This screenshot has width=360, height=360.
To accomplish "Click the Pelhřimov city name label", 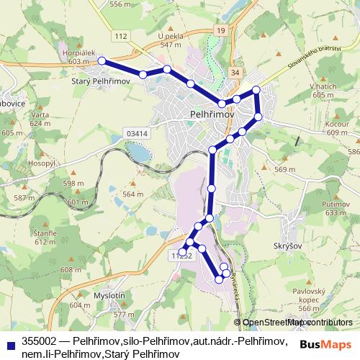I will (209, 114).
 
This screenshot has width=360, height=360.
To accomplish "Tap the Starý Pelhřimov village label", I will (99, 82).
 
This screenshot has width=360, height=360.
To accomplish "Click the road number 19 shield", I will (220, 30).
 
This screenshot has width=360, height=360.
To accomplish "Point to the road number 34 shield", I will (235, 73).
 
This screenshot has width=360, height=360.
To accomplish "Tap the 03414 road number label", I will (136, 133).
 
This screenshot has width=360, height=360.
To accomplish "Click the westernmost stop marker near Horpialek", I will (102, 61).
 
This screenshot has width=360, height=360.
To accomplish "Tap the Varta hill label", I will (40, 115).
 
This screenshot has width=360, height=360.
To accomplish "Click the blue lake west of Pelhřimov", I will (138, 152).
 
